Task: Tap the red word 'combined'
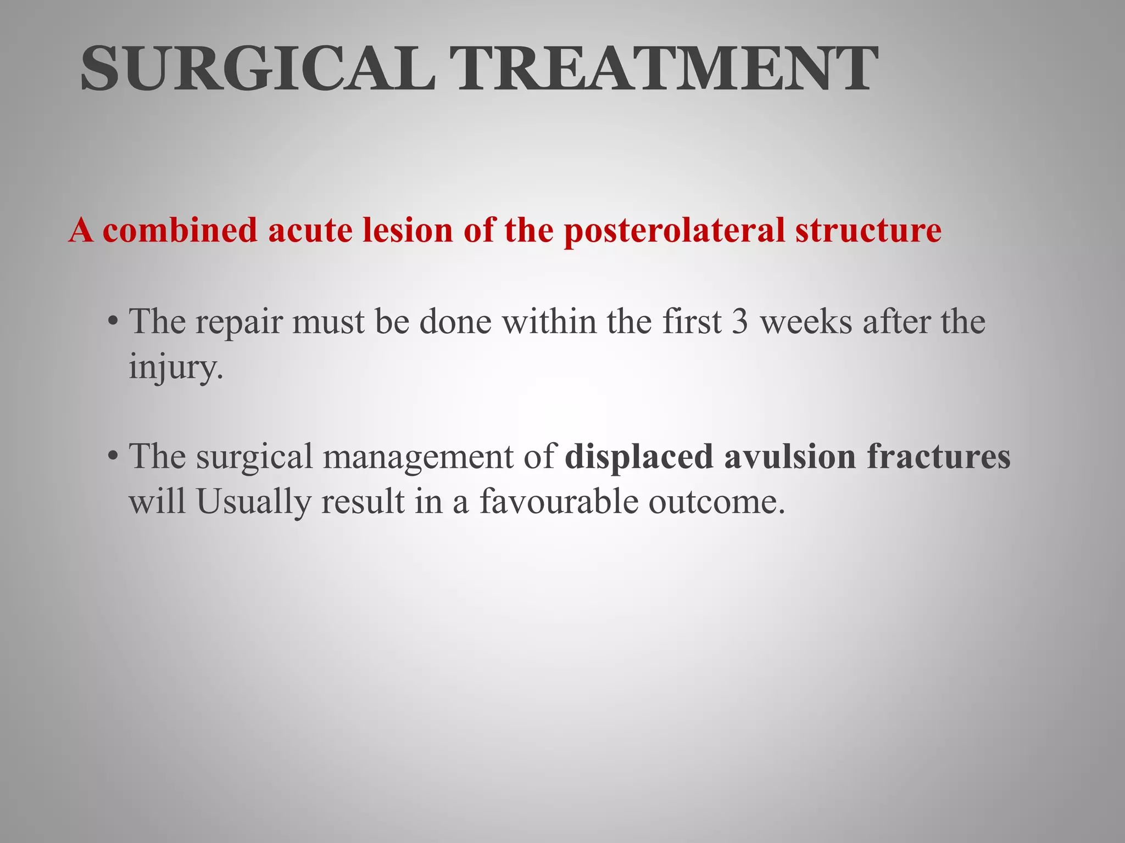click(x=180, y=230)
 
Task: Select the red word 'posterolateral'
click(x=674, y=231)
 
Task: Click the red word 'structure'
click(x=868, y=230)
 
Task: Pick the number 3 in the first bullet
click(x=740, y=322)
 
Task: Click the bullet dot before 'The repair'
click(x=113, y=321)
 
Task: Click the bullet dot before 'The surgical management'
click(x=113, y=456)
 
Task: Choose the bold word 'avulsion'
click(x=789, y=456)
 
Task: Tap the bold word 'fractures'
click(x=939, y=456)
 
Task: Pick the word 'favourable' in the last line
click(x=558, y=502)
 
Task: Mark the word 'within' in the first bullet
click(x=549, y=322)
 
